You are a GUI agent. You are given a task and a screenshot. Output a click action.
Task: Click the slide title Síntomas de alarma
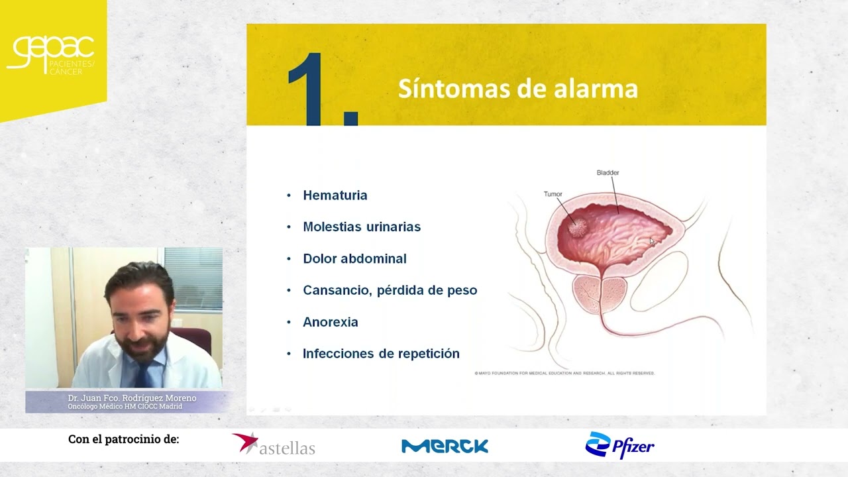tap(517, 89)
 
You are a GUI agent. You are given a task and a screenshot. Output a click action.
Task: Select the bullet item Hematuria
tap(335, 195)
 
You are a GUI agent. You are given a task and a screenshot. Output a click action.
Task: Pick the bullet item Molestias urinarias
tap(361, 227)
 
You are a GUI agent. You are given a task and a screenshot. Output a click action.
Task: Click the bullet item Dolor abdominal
tap(354, 258)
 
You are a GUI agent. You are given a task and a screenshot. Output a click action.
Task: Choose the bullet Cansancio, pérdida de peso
tap(390, 290)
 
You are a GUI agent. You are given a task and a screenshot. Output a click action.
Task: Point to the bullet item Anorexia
tap(330, 322)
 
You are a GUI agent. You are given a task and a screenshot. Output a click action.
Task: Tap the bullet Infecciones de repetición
tap(381, 354)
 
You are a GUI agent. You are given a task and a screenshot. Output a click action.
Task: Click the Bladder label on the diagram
tap(608, 173)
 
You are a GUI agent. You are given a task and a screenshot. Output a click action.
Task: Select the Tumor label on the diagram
tap(553, 194)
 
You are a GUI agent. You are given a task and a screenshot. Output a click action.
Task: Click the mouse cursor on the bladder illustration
tap(652, 241)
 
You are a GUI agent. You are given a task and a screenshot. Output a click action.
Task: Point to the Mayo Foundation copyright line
tap(564, 374)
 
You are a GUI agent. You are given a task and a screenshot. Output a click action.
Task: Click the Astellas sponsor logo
tap(274, 445)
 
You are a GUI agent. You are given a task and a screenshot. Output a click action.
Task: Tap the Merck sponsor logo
tap(445, 446)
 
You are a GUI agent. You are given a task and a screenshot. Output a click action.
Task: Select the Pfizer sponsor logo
tap(619, 445)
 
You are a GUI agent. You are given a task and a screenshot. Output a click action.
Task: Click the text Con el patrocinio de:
tap(123, 439)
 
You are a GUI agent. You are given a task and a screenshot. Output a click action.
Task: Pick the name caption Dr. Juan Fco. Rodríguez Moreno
tap(132, 398)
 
